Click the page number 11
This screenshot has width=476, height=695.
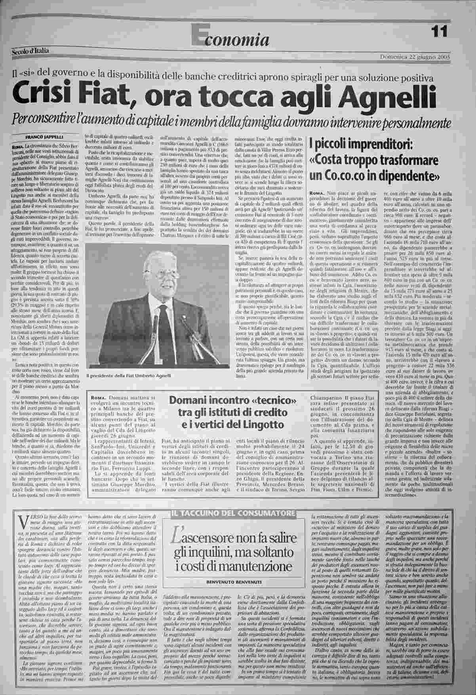tap(439, 31)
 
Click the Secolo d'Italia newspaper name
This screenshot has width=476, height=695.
tap(30, 51)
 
